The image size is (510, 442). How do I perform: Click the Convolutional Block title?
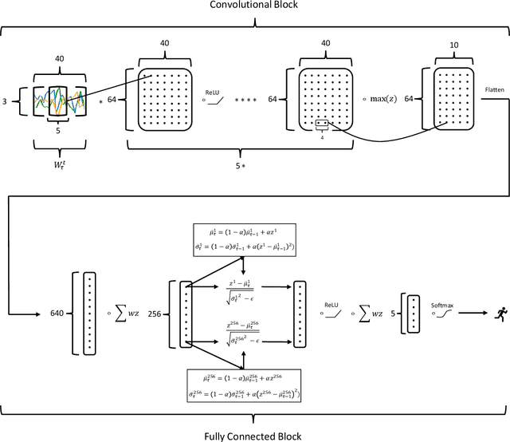pyautogui.click(x=255, y=6)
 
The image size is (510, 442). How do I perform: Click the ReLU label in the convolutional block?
pyautogui.click(x=213, y=92)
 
